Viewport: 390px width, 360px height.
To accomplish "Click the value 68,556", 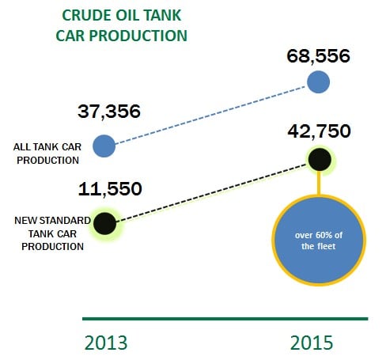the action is coord(318,56).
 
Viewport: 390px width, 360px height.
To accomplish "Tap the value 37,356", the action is coord(109,112).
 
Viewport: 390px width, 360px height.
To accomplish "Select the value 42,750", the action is coord(319,131).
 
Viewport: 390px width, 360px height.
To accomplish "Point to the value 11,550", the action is coord(110,189).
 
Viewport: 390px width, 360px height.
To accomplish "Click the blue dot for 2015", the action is coord(318,82).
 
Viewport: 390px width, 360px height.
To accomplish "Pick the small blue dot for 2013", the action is coord(104,146).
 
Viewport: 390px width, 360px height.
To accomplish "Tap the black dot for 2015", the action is coord(320,160).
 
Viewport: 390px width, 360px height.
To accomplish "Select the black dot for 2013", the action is coord(105,223).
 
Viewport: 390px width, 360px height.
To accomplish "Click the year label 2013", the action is coord(106,343).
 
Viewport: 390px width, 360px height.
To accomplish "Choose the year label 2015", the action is coord(312,343).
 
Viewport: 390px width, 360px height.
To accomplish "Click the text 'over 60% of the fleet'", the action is coord(319,241).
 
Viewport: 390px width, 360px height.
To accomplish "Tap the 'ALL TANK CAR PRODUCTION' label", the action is coord(47,153).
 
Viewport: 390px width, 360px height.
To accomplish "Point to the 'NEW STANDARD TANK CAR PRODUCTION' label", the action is coord(52,233).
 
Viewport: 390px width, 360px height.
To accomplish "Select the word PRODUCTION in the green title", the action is coord(138,36).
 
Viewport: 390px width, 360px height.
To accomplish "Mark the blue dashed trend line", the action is coord(211,115).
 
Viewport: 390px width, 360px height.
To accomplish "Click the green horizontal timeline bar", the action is coord(225,319).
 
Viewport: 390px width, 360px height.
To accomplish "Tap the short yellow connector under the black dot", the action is coord(319,183).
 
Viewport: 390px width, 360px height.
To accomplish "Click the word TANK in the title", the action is coord(163,15).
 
